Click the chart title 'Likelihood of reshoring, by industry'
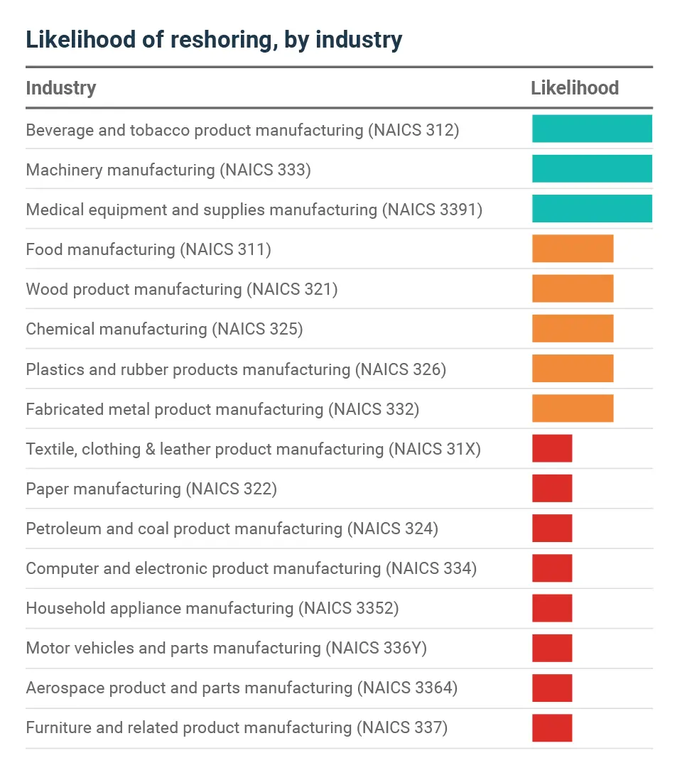[x=214, y=40]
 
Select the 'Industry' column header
[x=61, y=88]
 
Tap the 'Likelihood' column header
[x=575, y=88]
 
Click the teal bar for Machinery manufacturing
[x=592, y=169]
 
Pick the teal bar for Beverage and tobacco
[x=592, y=129]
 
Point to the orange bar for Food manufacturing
[x=573, y=249]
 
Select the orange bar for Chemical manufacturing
[x=573, y=329]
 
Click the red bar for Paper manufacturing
[x=552, y=489]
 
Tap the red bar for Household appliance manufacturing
[x=552, y=608]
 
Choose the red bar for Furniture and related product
[x=552, y=728]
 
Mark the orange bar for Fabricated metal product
[x=573, y=408]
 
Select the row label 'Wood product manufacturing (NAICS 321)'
[x=181, y=289]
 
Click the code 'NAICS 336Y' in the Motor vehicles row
[x=377, y=648]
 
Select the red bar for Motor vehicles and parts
[x=552, y=648]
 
